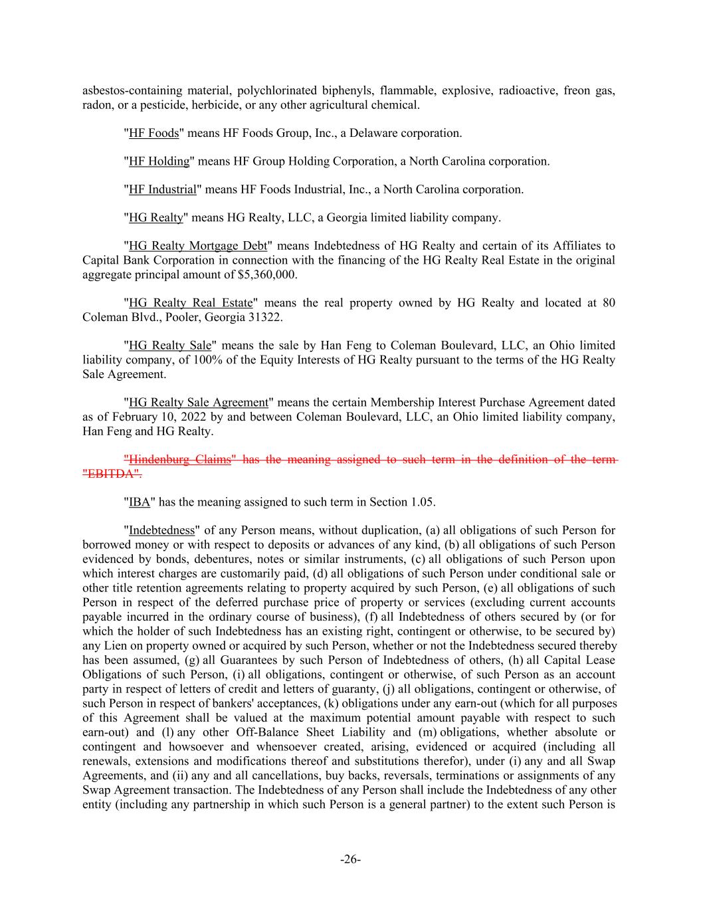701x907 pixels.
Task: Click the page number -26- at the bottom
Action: coord(350,860)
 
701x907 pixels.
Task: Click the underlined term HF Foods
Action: coord(153,133)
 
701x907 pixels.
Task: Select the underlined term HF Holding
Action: coord(159,161)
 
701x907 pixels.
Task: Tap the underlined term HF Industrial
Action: coord(162,189)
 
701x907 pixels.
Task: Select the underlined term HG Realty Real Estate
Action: coord(191,303)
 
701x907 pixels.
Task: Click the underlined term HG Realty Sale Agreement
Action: coord(198,402)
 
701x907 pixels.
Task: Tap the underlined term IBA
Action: coord(140,502)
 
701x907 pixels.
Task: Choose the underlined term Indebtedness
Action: coord(161,530)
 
